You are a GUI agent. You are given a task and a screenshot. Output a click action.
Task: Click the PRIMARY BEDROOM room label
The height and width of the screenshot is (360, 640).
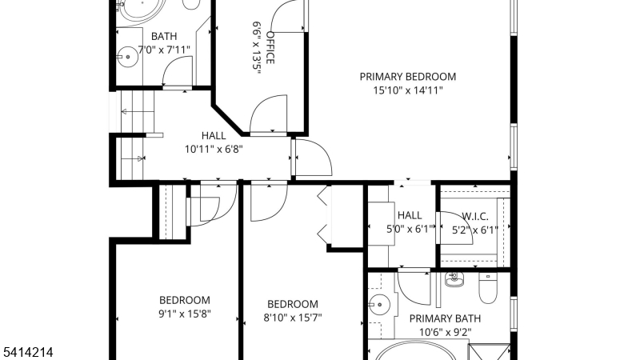407,77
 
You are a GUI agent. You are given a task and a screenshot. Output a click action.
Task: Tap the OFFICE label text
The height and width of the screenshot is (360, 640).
270,48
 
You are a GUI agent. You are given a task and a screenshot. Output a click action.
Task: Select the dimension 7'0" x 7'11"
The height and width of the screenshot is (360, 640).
164,50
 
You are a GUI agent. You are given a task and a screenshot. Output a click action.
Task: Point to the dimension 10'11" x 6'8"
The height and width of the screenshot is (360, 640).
214,149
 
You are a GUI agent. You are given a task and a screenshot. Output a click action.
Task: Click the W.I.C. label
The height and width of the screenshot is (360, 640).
474,216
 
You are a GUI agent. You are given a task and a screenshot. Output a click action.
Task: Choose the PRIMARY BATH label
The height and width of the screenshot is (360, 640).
445,318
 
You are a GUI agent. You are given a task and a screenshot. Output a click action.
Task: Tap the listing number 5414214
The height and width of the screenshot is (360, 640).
28,352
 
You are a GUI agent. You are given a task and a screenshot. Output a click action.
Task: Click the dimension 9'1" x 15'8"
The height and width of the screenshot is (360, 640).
185,314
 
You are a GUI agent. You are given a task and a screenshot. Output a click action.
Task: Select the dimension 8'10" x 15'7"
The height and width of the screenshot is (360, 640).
293,318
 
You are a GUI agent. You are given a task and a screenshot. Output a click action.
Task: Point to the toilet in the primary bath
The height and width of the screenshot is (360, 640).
487,288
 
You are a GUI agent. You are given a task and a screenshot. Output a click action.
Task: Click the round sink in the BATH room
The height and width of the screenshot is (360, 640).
128,57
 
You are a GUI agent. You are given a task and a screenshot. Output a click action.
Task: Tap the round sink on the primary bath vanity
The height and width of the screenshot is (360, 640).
379,305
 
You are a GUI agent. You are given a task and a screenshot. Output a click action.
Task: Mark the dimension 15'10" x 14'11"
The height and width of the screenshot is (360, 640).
408,90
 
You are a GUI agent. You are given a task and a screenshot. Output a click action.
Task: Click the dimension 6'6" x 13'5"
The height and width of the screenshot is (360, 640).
256,48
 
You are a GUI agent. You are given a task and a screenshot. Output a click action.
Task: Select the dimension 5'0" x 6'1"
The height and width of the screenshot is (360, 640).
410,230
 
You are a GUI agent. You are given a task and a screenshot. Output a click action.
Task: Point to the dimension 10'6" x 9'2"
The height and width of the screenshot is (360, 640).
445,332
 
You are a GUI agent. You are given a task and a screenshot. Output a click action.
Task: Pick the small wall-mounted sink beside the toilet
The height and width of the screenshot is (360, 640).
454,280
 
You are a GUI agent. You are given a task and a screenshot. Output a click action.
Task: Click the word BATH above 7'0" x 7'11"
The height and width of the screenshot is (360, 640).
164,36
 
